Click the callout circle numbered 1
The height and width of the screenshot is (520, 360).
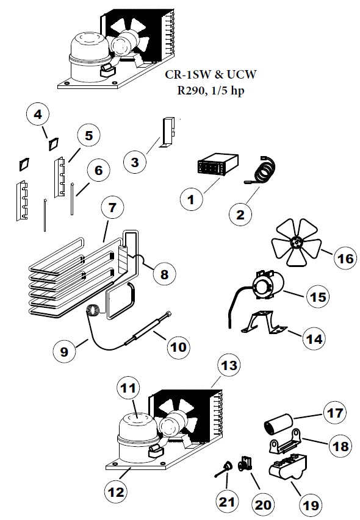pos(191,199)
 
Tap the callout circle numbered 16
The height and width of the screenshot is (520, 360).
pos(345,259)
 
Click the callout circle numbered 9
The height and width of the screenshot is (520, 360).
pos(63,352)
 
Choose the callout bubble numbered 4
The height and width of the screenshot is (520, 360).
pos(38,114)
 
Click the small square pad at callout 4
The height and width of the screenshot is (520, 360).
pos(54,143)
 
